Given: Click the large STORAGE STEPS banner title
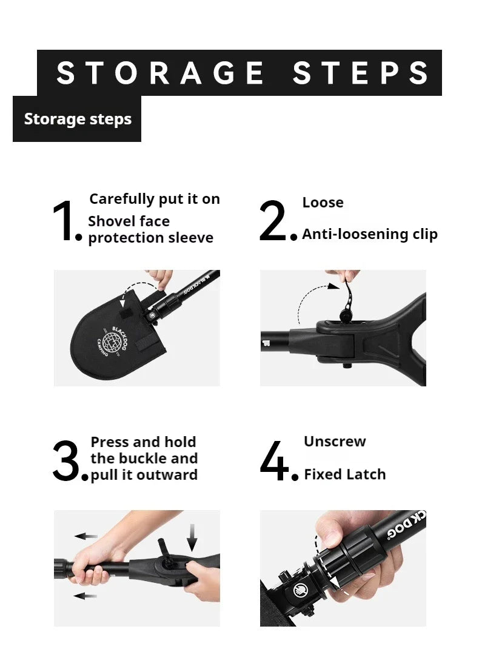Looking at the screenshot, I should point(243,73).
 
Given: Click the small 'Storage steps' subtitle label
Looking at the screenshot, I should point(78,119).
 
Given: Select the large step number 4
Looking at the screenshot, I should point(276,462).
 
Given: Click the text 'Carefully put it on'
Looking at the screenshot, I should point(155,199).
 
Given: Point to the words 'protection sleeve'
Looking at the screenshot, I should point(151,238).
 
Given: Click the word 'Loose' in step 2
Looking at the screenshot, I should point(323,203).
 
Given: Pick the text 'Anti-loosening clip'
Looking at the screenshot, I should point(370,234).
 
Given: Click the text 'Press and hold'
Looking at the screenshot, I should point(143,442).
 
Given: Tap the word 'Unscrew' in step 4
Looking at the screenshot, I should point(335,441).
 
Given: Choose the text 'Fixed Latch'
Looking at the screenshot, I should point(344,474).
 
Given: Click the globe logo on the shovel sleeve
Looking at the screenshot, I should point(114,339).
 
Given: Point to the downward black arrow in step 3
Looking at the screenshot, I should point(192,537).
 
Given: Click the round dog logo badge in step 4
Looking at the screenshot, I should point(301,589).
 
